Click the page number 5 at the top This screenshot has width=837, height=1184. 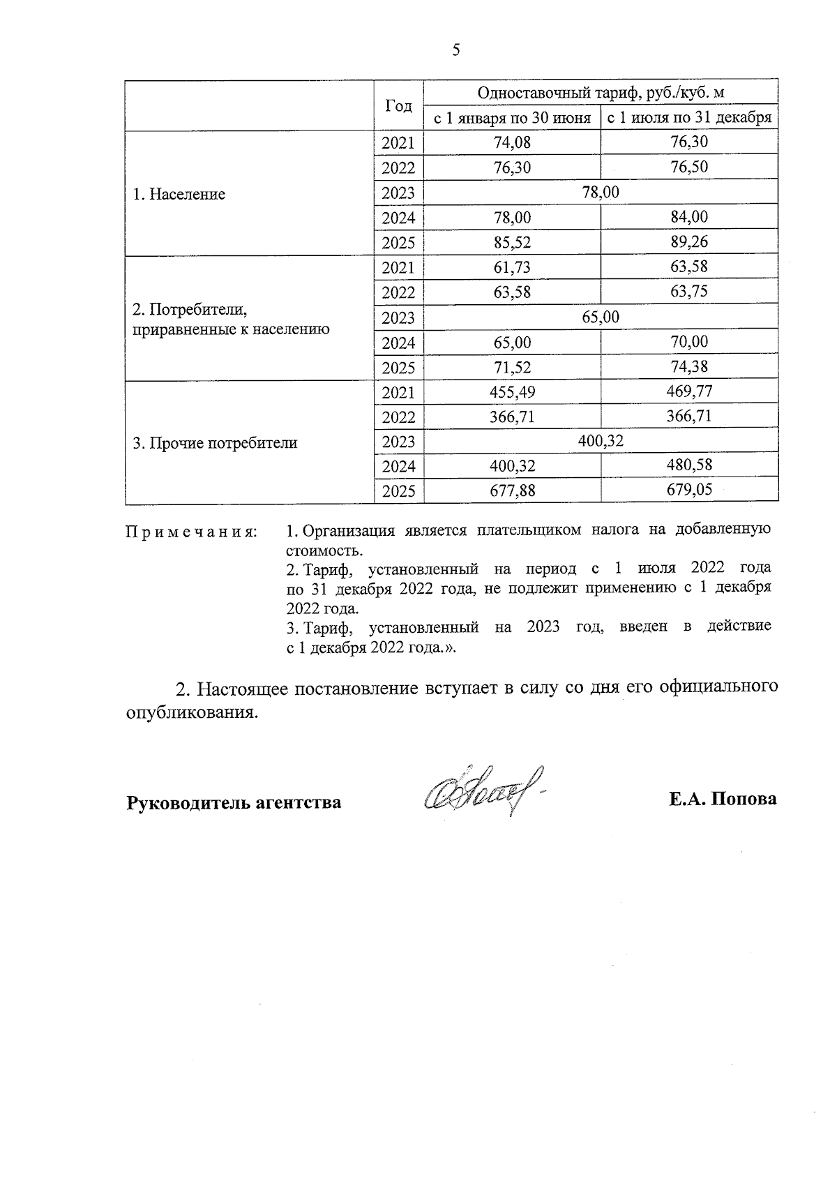pos(456,50)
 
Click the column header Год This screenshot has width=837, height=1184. pos(398,105)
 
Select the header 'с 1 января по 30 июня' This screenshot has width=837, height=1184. pos(512,118)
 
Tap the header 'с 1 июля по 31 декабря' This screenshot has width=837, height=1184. pos(689,118)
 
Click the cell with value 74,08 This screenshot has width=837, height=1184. pos(512,143)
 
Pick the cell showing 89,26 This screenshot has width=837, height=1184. pos(689,242)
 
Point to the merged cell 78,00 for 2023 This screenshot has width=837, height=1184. pos(601,192)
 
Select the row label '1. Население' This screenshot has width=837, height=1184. pos(179,194)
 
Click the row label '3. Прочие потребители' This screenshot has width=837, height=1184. pos(215,443)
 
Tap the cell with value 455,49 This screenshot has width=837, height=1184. pos(512,393)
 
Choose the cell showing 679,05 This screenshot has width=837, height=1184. pos(689,490)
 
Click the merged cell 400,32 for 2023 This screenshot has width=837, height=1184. pos(601,441)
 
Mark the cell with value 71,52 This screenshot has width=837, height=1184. pos(512,368)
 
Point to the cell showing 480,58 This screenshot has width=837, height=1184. pos(689,465)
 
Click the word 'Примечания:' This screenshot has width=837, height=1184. pos(191,532)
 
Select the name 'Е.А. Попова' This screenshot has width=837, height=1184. pos(723,800)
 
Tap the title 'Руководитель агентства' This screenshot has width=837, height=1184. pos(234,802)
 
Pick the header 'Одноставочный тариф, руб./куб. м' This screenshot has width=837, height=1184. pos(601,93)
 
